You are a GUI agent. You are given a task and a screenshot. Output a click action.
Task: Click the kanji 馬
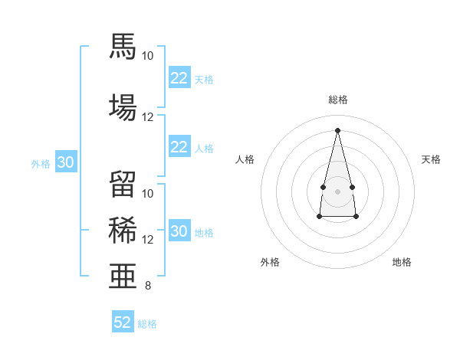[x=123, y=46]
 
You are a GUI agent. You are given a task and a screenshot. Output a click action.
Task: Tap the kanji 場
[x=123, y=107]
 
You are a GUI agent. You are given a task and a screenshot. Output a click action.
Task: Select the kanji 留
[x=123, y=184]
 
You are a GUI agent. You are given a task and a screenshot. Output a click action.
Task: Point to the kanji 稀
[x=123, y=230]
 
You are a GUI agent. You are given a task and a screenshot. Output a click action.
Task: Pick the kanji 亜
[x=123, y=276]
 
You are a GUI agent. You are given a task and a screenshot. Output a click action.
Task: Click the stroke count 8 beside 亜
[x=148, y=286]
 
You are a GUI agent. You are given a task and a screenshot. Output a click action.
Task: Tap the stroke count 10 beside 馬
[x=147, y=56]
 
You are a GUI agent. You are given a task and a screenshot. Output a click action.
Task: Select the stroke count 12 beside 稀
[x=147, y=240]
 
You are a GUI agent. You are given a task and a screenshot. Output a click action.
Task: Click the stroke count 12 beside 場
[x=147, y=117]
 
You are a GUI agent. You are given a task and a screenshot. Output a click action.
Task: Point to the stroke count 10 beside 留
[x=147, y=194]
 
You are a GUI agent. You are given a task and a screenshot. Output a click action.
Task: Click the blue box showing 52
[x=123, y=321]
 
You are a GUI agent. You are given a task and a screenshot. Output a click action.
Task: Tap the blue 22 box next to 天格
[x=179, y=77]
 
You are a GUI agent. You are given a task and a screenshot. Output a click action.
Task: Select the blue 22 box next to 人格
[x=179, y=146]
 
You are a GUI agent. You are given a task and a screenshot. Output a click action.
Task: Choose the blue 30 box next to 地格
[x=179, y=230]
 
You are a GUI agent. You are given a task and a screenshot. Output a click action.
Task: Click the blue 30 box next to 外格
[x=66, y=162]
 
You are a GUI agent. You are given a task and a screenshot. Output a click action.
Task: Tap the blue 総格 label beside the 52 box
[x=147, y=324]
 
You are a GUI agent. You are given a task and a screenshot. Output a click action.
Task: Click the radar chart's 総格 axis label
[x=338, y=100]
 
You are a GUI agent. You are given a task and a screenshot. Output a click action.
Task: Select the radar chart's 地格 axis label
[x=402, y=262]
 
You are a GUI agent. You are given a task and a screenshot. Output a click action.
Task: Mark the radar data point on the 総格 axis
[x=337, y=130]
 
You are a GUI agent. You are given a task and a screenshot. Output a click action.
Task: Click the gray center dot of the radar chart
[x=337, y=191]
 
